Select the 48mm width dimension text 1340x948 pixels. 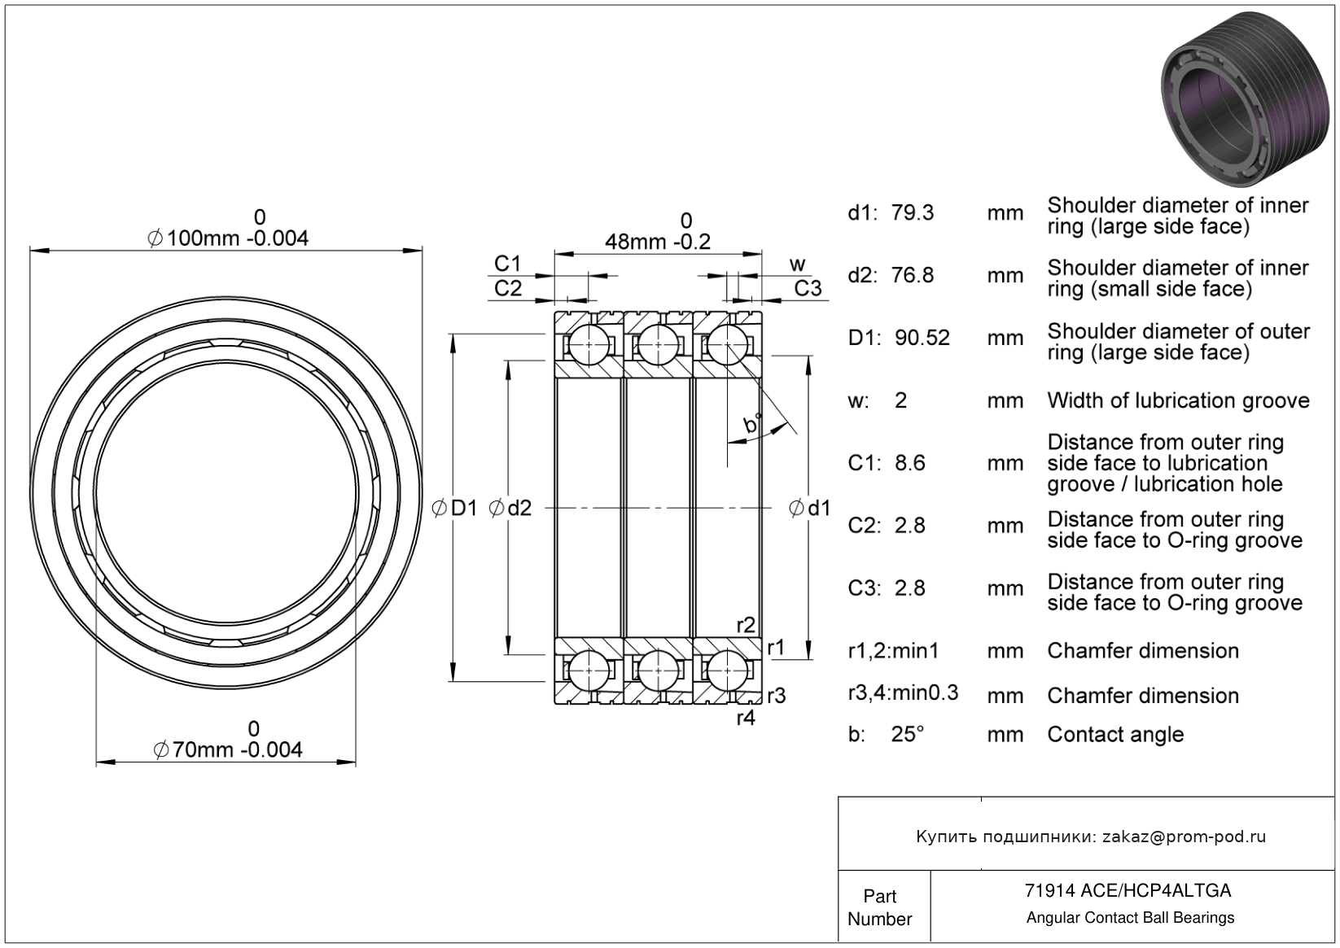coord(657,242)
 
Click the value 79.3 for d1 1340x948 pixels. coord(913,213)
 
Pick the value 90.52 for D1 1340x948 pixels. coord(922,338)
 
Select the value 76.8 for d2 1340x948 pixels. coord(913,276)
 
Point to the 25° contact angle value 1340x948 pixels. coord(908,735)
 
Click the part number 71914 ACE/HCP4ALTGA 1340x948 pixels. coord(1128,890)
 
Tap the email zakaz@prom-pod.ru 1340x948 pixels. coord(1184,837)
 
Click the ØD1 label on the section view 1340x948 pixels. coord(455,509)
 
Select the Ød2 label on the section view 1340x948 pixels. coord(510,509)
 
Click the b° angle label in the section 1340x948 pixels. coord(752,424)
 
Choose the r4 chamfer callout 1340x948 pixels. coord(746,718)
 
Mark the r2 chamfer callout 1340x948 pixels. coord(746,625)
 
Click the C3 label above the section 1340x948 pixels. coord(808,288)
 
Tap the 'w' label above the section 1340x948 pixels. coord(798,264)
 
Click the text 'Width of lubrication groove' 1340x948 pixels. coord(1178,400)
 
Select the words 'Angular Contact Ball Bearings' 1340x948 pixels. coord(1130,918)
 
